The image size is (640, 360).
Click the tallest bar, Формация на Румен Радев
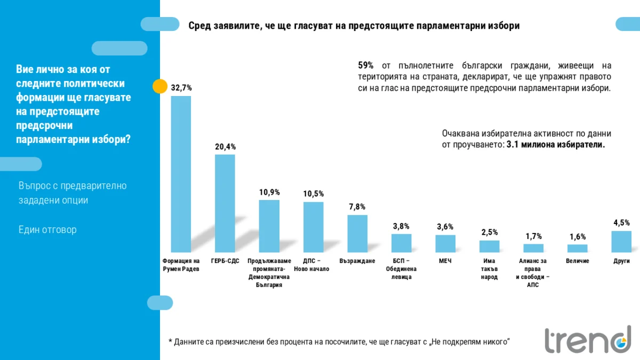[x=181, y=174]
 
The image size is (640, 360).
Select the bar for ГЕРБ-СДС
[x=225, y=203]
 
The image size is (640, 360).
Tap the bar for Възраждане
[x=357, y=233]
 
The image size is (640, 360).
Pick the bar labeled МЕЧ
[x=445, y=243]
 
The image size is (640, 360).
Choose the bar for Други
[x=621, y=241]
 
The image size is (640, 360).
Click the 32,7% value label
[x=181, y=87]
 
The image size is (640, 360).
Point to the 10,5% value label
[x=313, y=194]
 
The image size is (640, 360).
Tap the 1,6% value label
[x=577, y=237]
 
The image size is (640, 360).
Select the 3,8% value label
[x=401, y=226]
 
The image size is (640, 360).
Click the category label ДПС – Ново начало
[x=313, y=265]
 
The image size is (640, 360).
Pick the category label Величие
[x=577, y=261]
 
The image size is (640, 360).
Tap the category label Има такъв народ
[x=489, y=269]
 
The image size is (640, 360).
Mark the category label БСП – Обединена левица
[x=401, y=269]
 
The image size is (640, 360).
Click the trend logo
[x=587, y=339]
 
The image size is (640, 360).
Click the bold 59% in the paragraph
[x=365, y=66]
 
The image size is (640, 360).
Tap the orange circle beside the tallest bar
[x=160, y=86]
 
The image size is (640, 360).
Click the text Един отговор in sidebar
[x=47, y=230]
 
